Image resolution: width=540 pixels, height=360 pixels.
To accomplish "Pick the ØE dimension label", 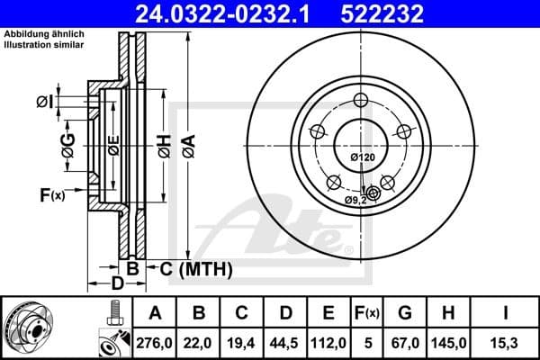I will [113, 144].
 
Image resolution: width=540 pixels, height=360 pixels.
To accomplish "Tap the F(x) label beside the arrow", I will [52, 194].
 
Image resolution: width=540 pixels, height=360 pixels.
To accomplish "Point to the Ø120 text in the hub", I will [361, 158].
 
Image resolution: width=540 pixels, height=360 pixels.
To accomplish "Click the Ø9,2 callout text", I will [357, 199].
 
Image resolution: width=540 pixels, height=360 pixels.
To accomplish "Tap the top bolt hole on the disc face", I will [361, 100].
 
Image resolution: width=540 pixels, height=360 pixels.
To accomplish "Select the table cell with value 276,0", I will [154, 342].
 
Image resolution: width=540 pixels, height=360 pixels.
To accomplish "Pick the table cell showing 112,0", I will [328, 342].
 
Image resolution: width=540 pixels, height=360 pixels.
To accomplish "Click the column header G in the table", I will [405, 313].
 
